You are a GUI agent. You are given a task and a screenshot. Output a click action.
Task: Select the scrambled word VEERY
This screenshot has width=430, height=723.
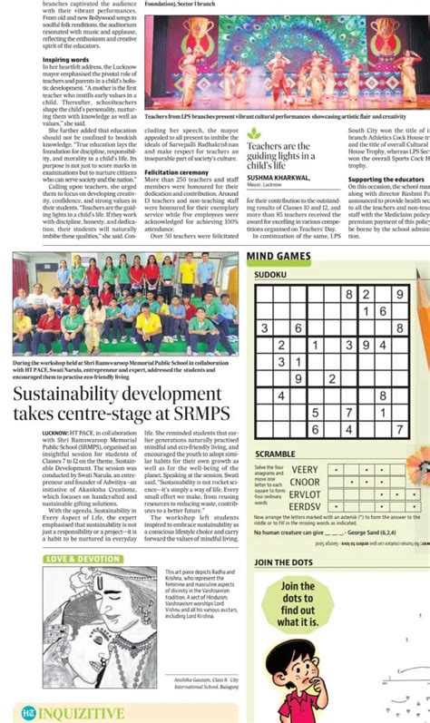[305, 470]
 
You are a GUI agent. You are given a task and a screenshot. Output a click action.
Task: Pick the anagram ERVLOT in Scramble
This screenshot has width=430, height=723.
[305, 494]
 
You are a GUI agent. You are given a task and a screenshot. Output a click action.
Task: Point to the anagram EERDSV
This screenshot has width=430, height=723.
[305, 506]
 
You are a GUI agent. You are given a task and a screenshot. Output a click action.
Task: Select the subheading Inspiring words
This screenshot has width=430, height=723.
[68, 60]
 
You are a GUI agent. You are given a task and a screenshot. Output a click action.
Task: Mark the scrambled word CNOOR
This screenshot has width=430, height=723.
[305, 482]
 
